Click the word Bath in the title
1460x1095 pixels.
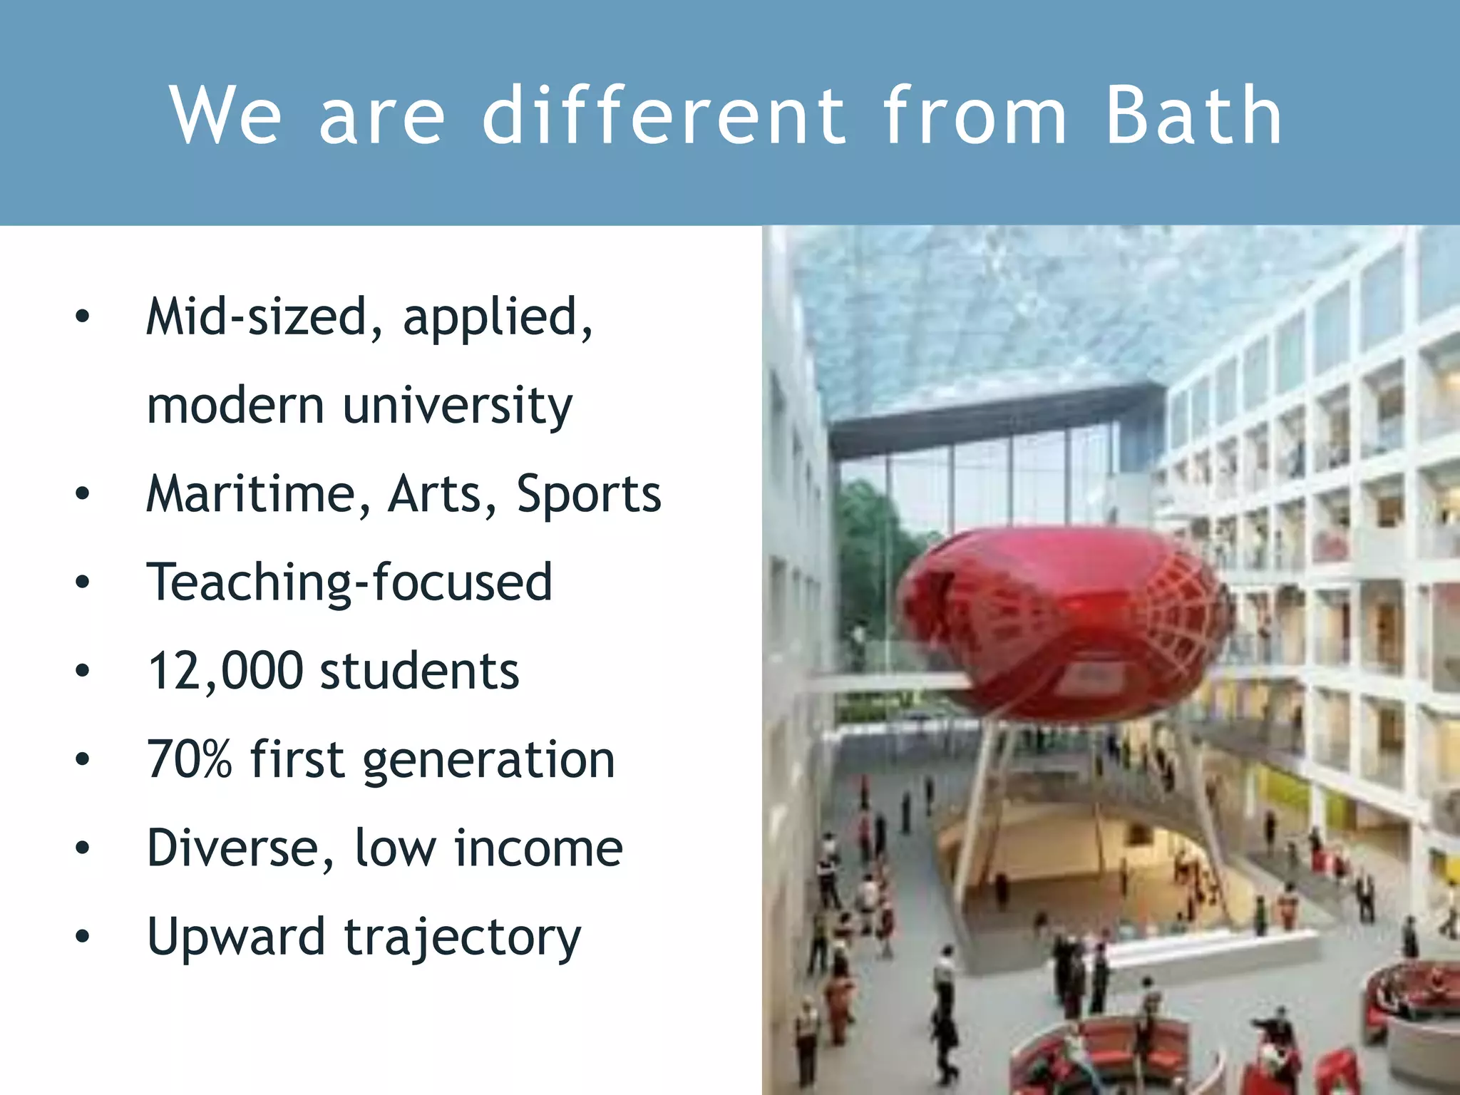click(x=1193, y=115)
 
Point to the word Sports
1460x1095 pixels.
click(x=589, y=494)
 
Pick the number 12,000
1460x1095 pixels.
click(x=225, y=672)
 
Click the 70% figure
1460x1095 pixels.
click(x=190, y=759)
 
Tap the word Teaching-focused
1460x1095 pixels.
click(x=349, y=583)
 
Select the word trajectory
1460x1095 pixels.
click(x=463, y=939)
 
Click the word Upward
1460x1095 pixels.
click(x=236, y=937)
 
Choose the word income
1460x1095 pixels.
click(x=538, y=849)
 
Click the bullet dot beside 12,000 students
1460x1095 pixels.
click(x=83, y=671)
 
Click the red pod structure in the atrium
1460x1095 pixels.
click(x=1062, y=620)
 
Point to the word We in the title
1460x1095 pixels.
click(x=225, y=115)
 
